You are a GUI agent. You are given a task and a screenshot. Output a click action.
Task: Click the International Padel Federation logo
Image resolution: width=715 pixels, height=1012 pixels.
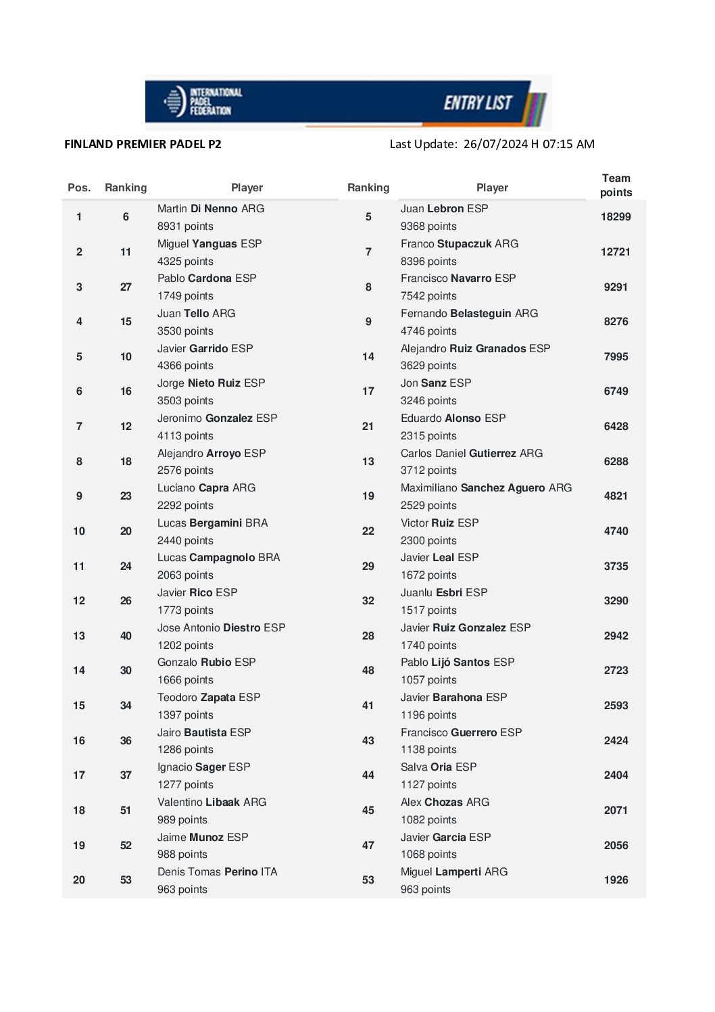coord(203,101)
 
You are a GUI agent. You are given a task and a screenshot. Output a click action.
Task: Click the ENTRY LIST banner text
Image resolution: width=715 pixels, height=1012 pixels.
coord(478,103)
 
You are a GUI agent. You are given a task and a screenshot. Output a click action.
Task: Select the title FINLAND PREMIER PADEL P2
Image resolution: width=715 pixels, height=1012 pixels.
coord(143,144)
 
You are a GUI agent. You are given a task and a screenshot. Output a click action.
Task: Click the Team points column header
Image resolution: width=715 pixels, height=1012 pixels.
coord(616,185)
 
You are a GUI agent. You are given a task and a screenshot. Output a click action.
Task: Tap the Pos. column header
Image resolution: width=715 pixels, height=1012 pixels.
coord(79,188)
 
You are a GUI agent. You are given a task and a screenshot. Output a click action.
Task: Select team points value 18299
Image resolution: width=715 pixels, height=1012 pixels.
coord(616,217)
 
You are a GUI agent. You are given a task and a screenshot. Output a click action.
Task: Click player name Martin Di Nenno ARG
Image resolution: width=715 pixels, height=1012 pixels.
coord(211,209)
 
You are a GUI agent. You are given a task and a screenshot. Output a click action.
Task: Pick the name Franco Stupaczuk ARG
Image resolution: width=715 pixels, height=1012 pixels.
coord(460,244)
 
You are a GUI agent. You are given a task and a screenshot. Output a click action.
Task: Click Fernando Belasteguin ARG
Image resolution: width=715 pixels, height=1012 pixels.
coord(469,314)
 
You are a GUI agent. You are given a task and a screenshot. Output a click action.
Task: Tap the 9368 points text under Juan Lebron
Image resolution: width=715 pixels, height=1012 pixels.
coord(428,226)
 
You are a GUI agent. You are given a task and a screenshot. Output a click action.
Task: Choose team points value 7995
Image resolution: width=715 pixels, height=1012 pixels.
coord(616,357)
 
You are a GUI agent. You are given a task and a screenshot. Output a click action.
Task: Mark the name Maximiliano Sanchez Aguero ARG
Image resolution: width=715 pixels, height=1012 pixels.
coord(486,488)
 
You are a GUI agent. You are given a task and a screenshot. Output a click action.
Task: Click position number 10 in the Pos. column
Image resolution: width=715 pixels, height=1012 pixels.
coord(79,531)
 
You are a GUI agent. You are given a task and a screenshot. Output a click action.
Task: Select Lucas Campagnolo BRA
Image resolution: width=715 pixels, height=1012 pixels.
coord(218,558)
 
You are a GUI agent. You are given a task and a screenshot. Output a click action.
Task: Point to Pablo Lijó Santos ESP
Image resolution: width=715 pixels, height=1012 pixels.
coord(458,662)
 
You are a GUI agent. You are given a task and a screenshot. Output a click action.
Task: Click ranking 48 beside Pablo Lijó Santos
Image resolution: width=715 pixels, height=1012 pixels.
coord(368,671)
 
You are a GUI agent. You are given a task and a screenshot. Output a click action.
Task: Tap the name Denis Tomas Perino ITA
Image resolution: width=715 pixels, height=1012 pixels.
coord(218,872)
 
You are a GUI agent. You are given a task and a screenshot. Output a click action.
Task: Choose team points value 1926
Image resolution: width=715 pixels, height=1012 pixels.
coord(616,880)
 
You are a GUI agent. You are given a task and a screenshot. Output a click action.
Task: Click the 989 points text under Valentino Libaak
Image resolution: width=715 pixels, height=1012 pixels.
coord(182,820)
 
